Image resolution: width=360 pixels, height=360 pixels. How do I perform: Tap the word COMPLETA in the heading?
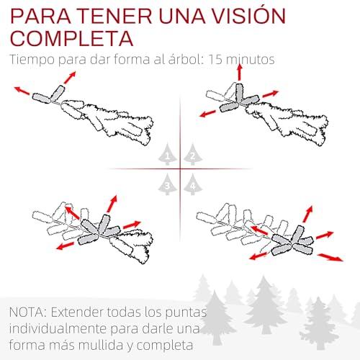pyautogui.click(x=72, y=38)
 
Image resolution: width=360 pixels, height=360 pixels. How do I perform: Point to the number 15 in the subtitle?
pyautogui.click(x=215, y=59)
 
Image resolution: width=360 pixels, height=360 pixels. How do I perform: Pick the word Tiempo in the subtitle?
pyautogui.click(x=32, y=60)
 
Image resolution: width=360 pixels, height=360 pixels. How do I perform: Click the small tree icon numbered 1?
pyautogui.click(x=168, y=154)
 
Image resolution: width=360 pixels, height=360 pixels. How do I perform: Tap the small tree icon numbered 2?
pyautogui.click(x=193, y=154)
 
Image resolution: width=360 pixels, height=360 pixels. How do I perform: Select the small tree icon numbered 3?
pyautogui.click(x=168, y=184)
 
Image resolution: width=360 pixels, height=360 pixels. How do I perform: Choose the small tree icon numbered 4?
pyautogui.click(x=193, y=184)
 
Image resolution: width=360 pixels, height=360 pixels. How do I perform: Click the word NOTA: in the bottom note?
pyautogui.click(x=27, y=312)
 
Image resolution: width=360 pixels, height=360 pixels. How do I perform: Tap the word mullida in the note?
pyautogui.click(x=101, y=345)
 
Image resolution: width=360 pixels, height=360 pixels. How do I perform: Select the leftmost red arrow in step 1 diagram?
pyautogui.click(x=22, y=91)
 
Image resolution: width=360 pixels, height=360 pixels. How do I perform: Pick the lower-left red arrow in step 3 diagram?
pyautogui.click(x=66, y=246)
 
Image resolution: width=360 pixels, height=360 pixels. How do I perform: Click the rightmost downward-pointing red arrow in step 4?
pyautogui.click(x=330, y=257)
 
